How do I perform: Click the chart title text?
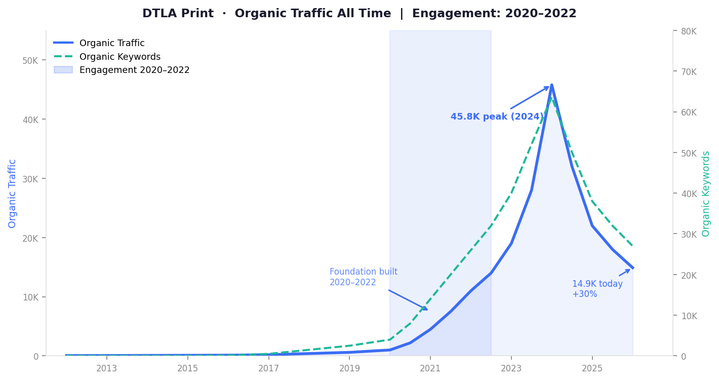point(359,14)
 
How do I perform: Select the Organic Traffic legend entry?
point(99,43)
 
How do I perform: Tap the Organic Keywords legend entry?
point(107,57)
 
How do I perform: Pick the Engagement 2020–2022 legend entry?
point(122,70)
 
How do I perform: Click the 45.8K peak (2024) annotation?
point(497,117)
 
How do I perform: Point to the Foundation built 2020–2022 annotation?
point(364,277)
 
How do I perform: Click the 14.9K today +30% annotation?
point(597,289)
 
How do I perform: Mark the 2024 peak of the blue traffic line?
point(552,85)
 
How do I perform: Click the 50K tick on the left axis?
point(30,60)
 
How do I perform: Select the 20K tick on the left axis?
point(30,238)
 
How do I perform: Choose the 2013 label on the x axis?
point(106,368)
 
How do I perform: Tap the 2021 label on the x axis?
point(430,368)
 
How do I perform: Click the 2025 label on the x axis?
point(592,368)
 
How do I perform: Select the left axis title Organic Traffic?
point(12,194)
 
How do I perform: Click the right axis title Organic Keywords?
point(705,194)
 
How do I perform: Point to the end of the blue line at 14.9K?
point(632,268)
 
